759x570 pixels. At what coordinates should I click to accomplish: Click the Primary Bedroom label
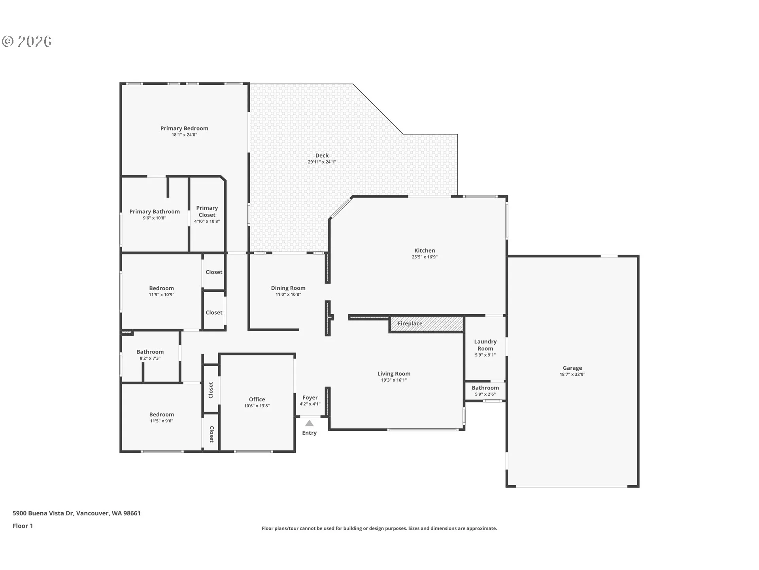pos(184,128)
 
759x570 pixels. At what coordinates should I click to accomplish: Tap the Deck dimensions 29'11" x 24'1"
pos(322,162)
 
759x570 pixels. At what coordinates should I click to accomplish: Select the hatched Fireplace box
pos(427,324)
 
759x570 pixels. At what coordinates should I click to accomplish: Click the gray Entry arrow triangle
pos(310,424)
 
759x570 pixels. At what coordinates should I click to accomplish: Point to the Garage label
pos(572,368)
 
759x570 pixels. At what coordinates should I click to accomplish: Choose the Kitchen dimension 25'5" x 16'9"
pos(425,257)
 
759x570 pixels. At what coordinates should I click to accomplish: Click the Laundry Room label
pos(485,345)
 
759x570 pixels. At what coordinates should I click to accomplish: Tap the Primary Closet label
pos(207,211)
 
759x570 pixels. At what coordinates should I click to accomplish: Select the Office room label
pos(257,399)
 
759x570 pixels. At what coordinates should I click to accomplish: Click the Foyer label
pos(310,398)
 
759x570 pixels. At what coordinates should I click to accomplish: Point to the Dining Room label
pos(288,288)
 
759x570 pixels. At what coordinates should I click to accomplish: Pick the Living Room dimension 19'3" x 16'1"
pos(394,380)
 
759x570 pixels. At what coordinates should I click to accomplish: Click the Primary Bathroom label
pos(155,212)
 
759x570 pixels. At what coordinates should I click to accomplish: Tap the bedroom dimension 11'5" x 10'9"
pos(161,295)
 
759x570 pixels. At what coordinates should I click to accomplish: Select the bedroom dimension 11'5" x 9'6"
pos(161,421)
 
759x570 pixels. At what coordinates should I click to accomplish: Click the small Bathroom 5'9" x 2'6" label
pos(485,388)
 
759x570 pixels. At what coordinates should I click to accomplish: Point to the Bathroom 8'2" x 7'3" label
pos(150,352)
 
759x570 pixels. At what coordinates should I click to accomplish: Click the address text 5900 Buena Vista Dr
pos(43,513)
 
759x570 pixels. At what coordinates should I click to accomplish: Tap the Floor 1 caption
pos(23,526)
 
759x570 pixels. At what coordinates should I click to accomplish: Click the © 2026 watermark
pos(27,42)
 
